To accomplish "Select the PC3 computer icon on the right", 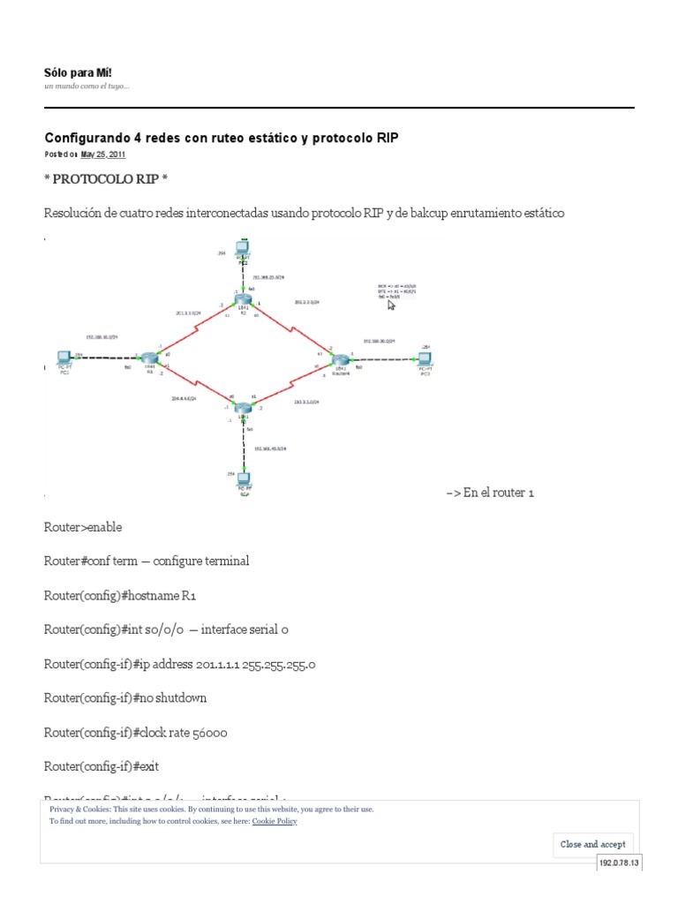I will coord(425,358).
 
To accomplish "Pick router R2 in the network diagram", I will coord(244,300).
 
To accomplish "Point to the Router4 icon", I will coord(340,359).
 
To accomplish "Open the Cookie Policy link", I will coord(275,821).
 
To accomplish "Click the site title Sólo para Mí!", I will coord(79,72).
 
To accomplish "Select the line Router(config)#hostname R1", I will coord(120,596).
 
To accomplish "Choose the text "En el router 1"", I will coord(499,493).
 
